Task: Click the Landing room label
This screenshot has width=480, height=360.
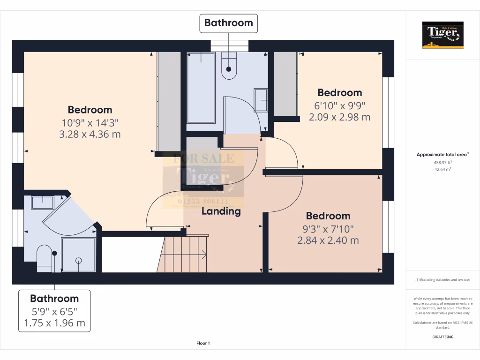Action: click(x=221, y=211)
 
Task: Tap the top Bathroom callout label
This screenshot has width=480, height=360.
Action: click(x=228, y=23)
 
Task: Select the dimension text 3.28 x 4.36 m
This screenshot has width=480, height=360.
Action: click(x=90, y=135)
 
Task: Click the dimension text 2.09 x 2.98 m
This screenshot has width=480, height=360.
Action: click(x=339, y=117)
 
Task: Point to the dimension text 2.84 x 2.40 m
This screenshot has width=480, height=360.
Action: click(x=328, y=240)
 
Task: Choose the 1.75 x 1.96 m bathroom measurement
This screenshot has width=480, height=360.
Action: click(x=54, y=323)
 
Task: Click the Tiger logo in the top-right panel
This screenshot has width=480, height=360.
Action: click(x=442, y=35)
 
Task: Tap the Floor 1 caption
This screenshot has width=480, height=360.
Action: click(x=203, y=344)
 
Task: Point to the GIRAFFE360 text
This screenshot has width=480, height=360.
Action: click(x=442, y=337)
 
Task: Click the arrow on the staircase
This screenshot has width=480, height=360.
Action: click(x=203, y=255)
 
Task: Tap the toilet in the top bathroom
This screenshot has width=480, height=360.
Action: click(x=229, y=66)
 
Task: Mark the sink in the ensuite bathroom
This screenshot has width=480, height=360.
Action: click(x=43, y=202)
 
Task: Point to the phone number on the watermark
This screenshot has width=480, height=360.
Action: click(x=203, y=200)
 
